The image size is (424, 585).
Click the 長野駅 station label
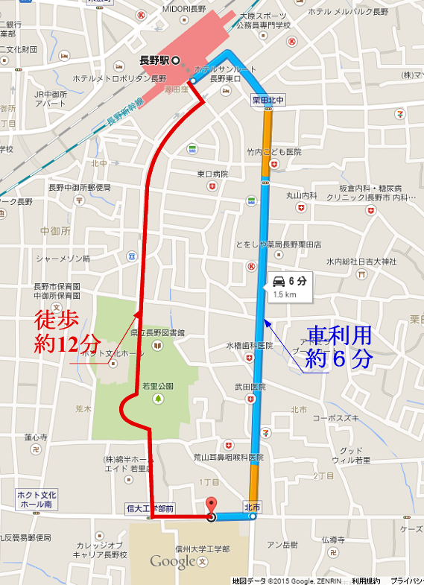click(x=156, y=60)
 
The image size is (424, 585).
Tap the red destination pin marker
click(x=211, y=506)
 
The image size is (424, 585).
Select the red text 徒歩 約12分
click(x=67, y=332)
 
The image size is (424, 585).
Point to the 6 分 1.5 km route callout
click(x=289, y=287)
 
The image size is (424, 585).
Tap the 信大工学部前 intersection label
click(x=150, y=508)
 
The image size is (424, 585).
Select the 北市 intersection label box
click(x=253, y=507)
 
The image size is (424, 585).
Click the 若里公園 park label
click(x=158, y=386)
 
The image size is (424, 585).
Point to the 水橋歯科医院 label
click(x=250, y=346)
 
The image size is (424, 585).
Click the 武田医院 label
click(x=250, y=387)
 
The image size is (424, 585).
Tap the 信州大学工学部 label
click(x=201, y=548)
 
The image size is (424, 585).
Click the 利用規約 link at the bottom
click(x=366, y=580)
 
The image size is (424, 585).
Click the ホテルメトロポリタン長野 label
click(x=119, y=78)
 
